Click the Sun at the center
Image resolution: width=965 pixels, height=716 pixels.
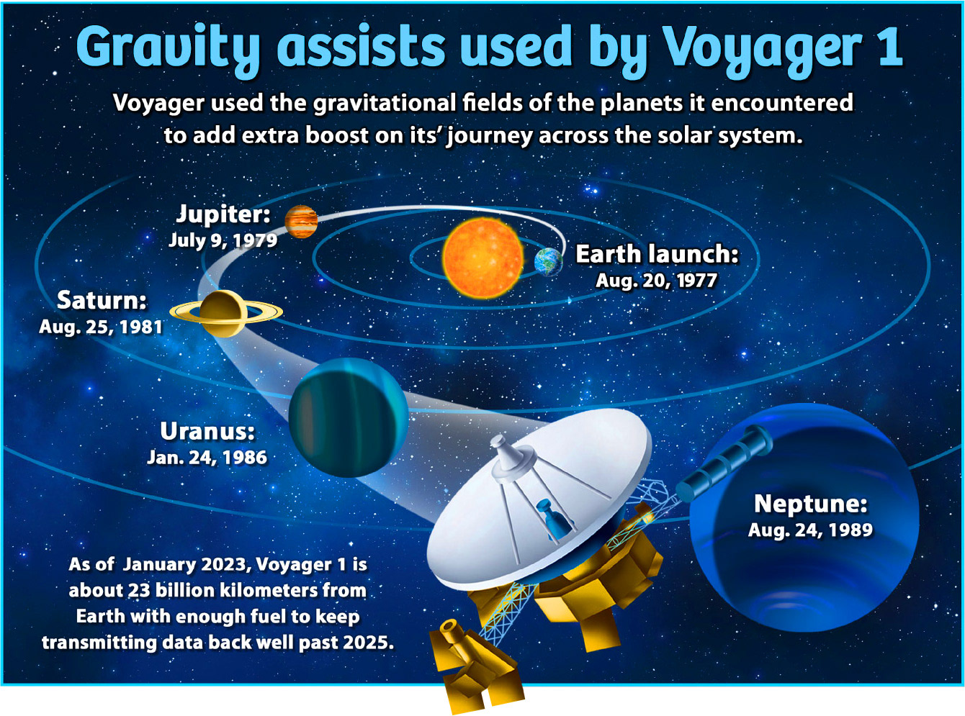pos(483,258)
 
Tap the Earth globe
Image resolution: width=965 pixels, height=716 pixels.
pos(549,262)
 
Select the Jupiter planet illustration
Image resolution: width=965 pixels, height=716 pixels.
pos(301,222)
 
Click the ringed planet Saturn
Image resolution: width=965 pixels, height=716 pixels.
pos(226,313)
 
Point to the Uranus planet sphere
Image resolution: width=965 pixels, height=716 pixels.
pos(348,417)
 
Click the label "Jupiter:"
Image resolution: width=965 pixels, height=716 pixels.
pos(223,214)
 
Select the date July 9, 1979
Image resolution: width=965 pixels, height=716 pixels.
pos(223,240)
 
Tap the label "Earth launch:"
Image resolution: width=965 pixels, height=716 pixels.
pos(657,254)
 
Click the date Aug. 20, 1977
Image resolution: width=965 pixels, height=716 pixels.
pos(656,281)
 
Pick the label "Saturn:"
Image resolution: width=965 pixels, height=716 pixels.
pos(102,300)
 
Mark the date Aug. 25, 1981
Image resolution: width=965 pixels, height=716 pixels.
pos(101,327)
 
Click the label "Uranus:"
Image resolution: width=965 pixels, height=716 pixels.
pos(207,431)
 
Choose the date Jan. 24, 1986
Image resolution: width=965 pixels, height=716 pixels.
pos(207,458)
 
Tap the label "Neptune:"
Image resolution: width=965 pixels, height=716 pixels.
pos(811,504)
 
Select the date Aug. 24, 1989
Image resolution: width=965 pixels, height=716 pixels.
pos(811,530)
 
